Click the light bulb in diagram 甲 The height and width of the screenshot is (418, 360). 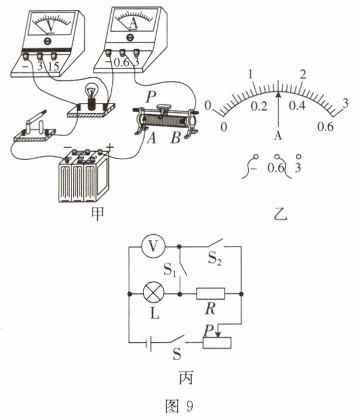pos(92,93)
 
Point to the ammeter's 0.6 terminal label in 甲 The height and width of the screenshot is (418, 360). pos(122,60)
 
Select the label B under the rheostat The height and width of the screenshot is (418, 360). pos(174,139)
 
